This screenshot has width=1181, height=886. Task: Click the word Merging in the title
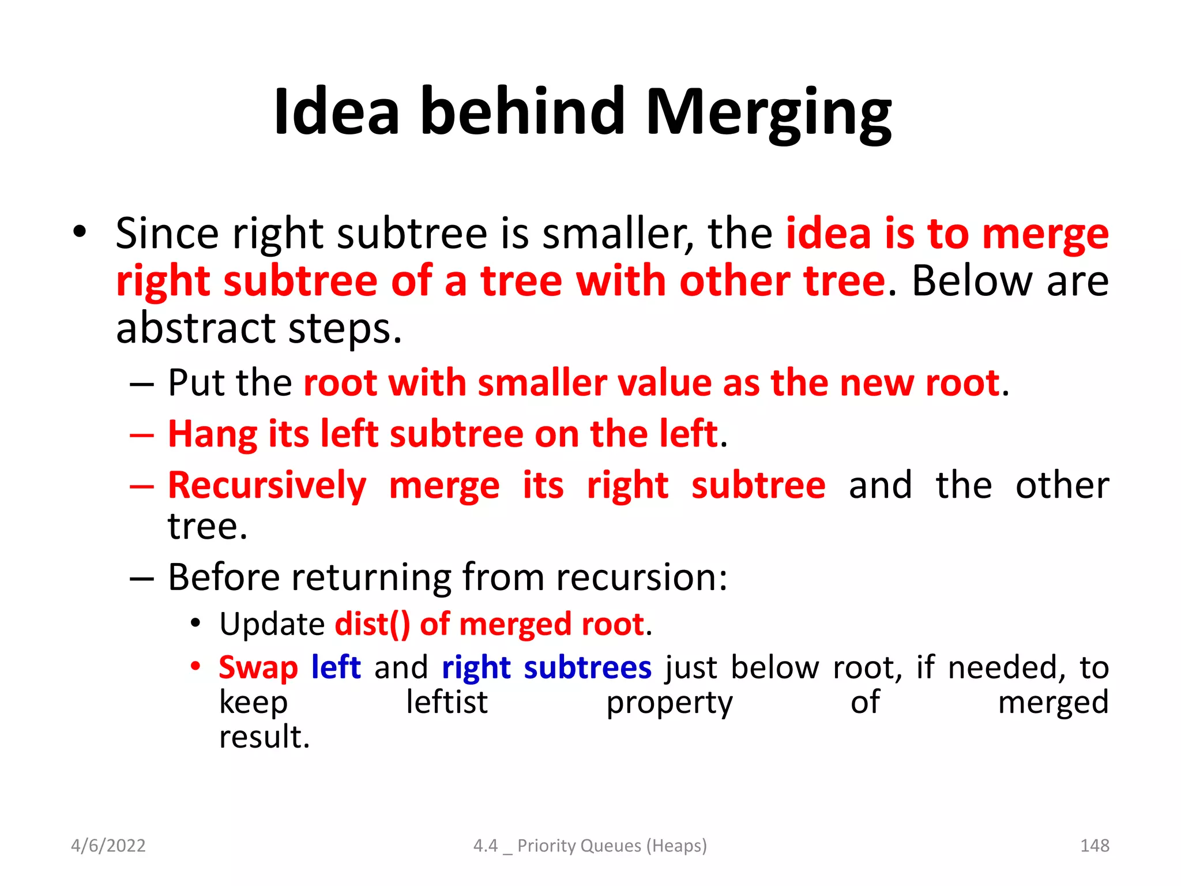tap(768, 112)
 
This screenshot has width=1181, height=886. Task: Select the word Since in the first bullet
tap(167, 234)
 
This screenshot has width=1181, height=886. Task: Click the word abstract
tap(194, 328)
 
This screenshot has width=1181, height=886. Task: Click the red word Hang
tap(212, 434)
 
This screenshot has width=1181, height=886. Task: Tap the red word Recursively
tap(267, 486)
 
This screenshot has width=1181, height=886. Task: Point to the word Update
tap(272, 624)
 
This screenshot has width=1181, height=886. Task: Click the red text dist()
tap(373, 624)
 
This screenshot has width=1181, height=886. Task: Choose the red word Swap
tap(258, 668)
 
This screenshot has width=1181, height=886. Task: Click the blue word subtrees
tap(587, 668)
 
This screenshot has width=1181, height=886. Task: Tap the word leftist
tap(447, 703)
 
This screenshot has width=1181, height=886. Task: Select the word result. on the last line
tap(265, 737)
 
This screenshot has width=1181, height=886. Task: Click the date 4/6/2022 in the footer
tap(108, 846)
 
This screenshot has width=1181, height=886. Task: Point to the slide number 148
tap(1095, 846)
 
